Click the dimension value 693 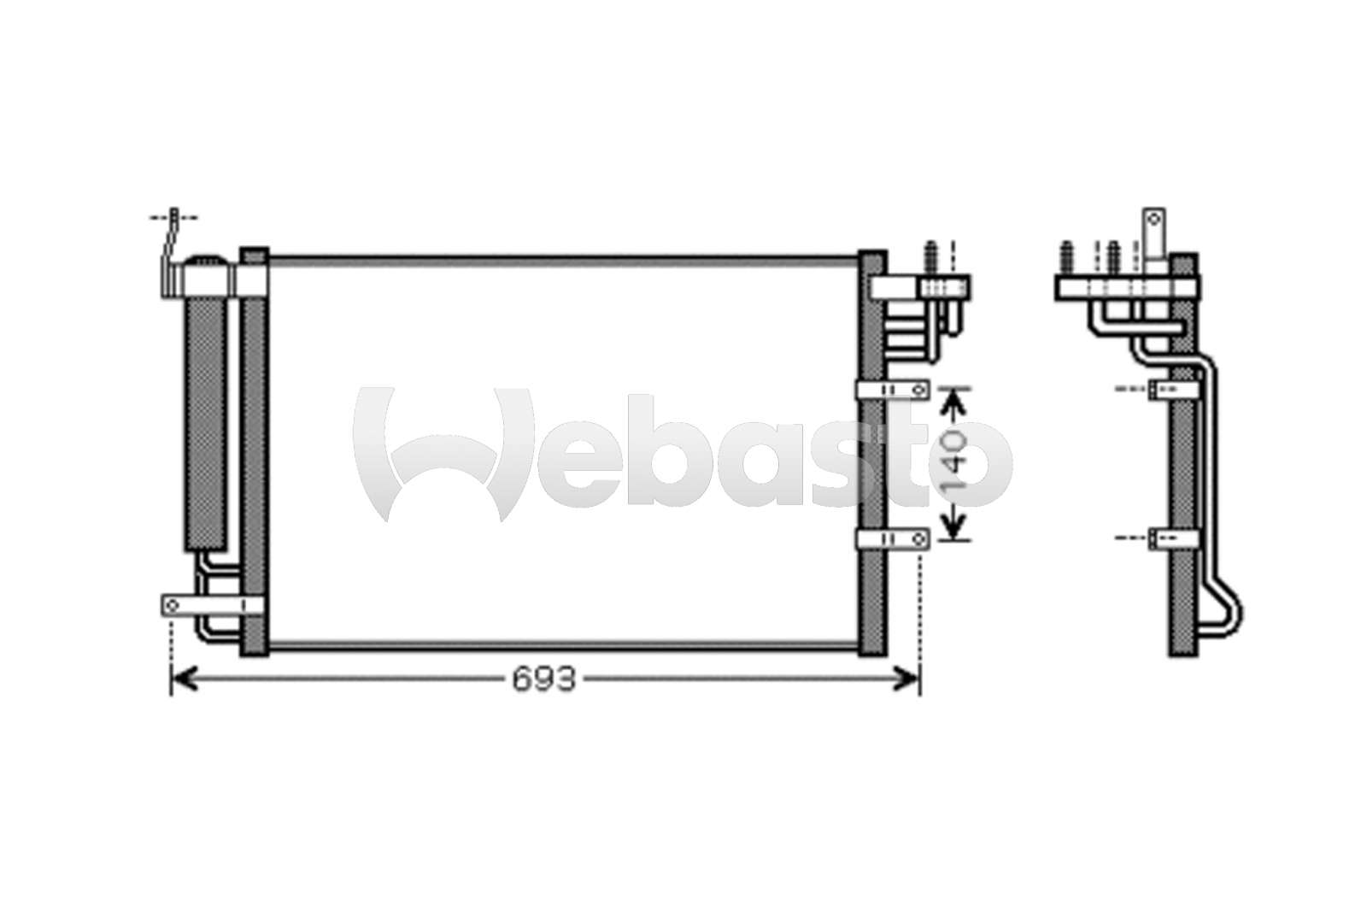(x=543, y=679)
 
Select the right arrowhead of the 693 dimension (x=906, y=679)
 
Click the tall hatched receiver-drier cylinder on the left (x=206, y=425)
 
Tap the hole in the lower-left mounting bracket (x=172, y=606)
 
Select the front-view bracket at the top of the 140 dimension (x=892, y=390)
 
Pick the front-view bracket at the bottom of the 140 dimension (x=892, y=538)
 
